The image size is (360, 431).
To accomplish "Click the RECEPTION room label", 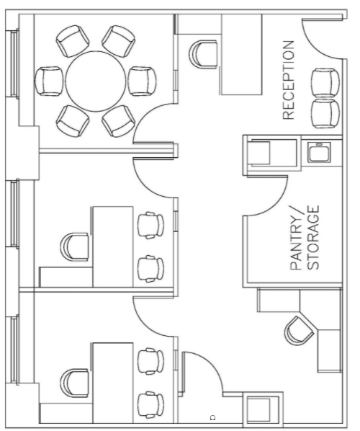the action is (x=288, y=80).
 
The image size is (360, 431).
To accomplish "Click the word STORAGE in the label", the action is (x=313, y=238).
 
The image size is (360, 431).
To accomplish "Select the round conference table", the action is (x=95, y=81).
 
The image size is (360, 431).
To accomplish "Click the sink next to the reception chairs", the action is (x=319, y=152).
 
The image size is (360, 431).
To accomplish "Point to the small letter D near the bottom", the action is (x=213, y=417).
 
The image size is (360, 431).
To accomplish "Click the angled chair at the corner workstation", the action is (x=300, y=331).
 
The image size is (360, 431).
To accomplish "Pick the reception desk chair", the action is (x=203, y=53).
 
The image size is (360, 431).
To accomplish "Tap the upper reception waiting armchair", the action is (x=325, y=82).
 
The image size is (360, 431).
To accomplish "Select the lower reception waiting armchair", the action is (x=325, y=114).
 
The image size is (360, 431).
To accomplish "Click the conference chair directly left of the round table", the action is (x=49, y=81).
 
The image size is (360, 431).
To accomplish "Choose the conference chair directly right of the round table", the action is (x=142, y=81).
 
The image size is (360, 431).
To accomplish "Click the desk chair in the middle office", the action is (x=74, y=246).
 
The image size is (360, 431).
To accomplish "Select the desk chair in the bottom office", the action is (x=74, y=383).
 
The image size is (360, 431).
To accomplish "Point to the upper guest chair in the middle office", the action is (x=150, y=226).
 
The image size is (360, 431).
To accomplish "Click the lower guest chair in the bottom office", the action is (x=150, y=405).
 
